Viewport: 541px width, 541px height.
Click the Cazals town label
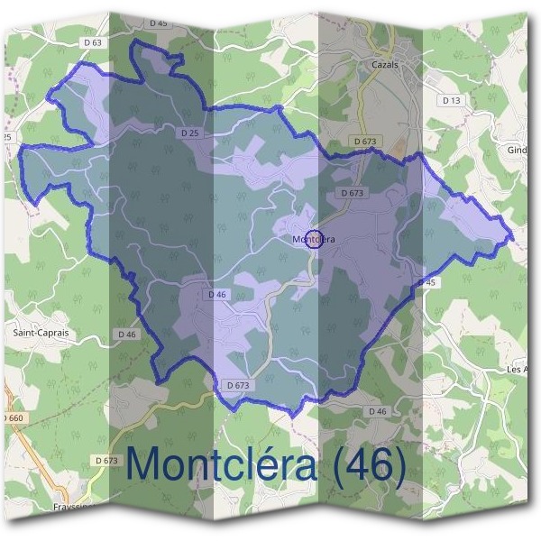(384, 65)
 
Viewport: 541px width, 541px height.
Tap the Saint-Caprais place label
(41, 332)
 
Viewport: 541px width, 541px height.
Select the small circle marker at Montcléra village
(313, 239)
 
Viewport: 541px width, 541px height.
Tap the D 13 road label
(451, 100)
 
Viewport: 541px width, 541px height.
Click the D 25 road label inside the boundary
(189, 133)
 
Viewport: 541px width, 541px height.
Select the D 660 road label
(13, 418)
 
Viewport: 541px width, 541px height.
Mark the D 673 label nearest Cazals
(364, 142)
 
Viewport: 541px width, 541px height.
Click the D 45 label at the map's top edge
(159, 23)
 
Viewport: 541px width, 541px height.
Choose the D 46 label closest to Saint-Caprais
(127, 334)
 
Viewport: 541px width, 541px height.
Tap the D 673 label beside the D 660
(105, 461)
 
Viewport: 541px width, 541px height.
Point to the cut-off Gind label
(518, 150)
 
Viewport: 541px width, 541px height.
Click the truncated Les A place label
(518, 370)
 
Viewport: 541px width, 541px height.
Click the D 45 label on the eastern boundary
(427, 282)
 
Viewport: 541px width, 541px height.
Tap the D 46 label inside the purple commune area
(216, 294)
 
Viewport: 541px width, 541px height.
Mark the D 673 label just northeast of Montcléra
(353, 193)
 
